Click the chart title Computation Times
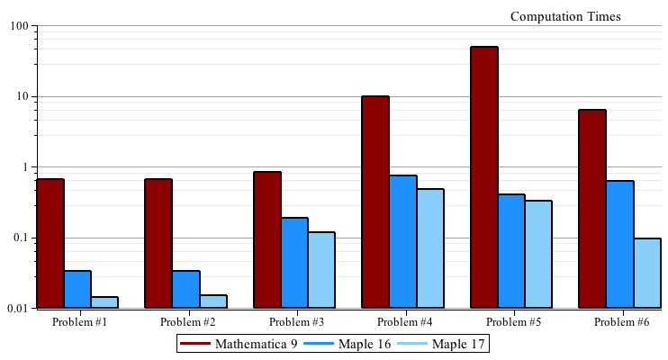(x=565, y=16)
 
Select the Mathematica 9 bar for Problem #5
(x=484, y=177)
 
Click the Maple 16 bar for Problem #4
(x=403, y=241)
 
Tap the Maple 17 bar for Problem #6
(x=647, y=273)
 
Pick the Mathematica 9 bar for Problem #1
(x=50, y=243)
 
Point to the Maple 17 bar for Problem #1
(x=104, y=302)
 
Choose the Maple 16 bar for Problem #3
(x=294, y=263)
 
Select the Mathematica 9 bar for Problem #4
(x=375, y=202)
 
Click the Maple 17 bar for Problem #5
(x=538, y=254)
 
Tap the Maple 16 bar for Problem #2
(x=186, y=289)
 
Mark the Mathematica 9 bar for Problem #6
(x=592, y=209)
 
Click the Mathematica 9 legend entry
(x=239, y=344)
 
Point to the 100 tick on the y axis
(x=17, y=26)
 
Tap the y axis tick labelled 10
(x=20, y=96)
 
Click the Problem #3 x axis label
(x=297, y=321)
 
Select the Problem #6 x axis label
(x=622, y=321)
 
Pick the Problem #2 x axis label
(x=188, y=321)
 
